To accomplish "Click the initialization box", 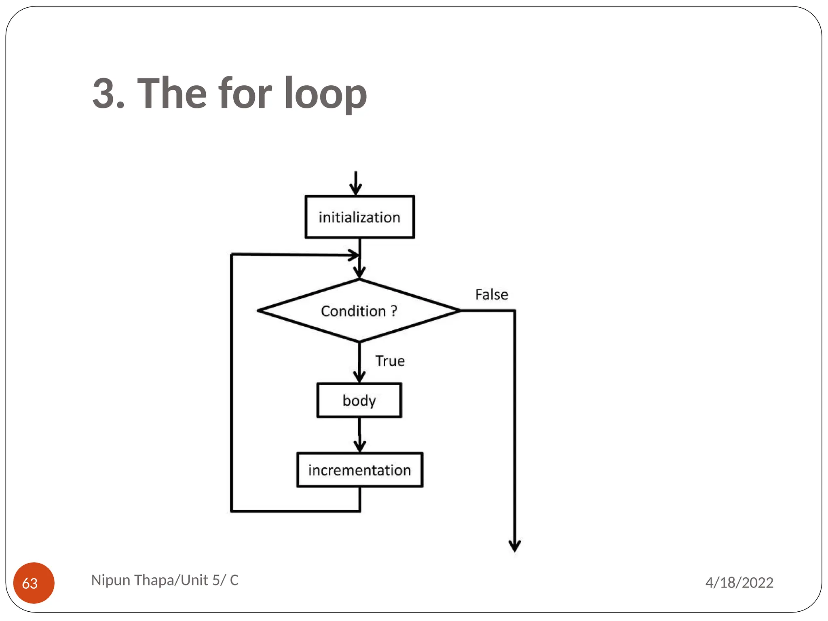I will click(359, 217).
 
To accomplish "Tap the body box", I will click(359, 400).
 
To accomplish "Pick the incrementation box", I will click(359, 470).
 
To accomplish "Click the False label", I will click(491, 294).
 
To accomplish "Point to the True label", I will click(390, 361).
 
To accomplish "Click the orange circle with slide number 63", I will click(34, 583).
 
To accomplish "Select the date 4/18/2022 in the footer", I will click(739, 583).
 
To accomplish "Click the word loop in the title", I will click(325, 94).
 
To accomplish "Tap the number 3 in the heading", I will click(103, 94).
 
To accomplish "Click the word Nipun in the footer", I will click(111, 580).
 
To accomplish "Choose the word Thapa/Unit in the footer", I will click(171, 580).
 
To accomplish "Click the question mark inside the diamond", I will click(394, 311).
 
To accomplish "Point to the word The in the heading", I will click(172, 94).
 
